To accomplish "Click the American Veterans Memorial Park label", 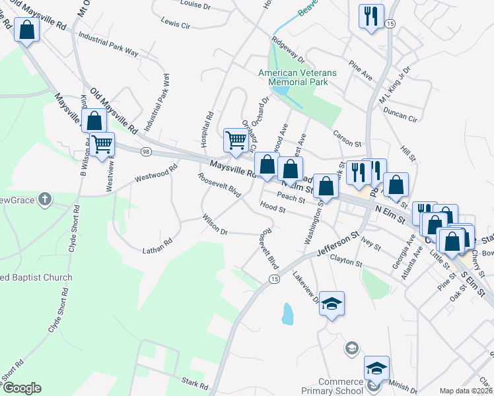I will [x=297, y=77].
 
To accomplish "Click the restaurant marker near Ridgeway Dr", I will [x=370, y=16].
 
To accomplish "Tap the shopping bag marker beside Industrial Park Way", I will [x=26, y=30].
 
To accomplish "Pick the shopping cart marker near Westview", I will [x=102, y=144].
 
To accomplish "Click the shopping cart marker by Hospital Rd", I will [x=235, y=140].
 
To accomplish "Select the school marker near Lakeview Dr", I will [x=332, y=304].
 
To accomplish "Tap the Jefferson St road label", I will [x=337, y=244].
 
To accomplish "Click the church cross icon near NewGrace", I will [x=44, y=199].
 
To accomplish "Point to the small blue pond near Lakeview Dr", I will [x=287, y=313].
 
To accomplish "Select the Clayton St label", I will [x=346, y=261].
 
